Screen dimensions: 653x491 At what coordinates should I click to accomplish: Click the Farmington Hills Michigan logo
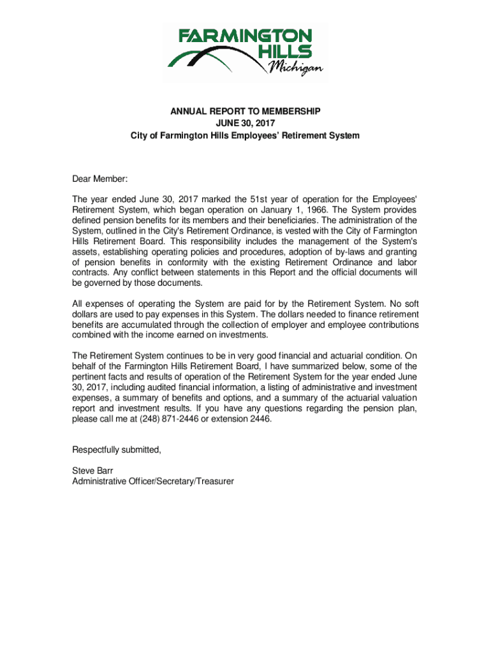click(246, 52)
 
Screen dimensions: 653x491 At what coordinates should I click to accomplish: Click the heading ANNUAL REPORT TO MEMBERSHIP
click(246, 112)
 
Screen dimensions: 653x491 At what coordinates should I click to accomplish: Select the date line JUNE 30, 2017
click(246, 124)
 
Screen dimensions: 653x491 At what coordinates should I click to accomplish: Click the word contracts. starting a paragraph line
click(92, 273)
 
